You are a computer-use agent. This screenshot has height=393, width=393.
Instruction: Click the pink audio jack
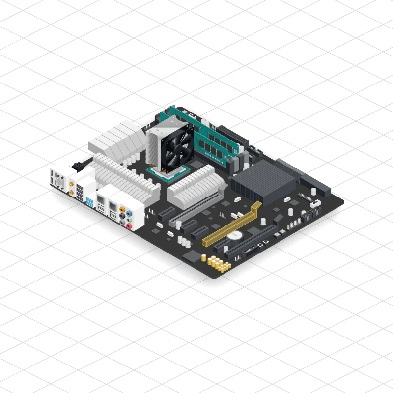pos(129,226)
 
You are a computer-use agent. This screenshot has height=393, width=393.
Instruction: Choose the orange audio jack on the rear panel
pos(122,210)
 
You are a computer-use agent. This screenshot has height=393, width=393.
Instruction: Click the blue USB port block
pos(90,201)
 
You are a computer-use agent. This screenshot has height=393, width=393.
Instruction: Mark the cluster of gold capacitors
pos(219,263)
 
